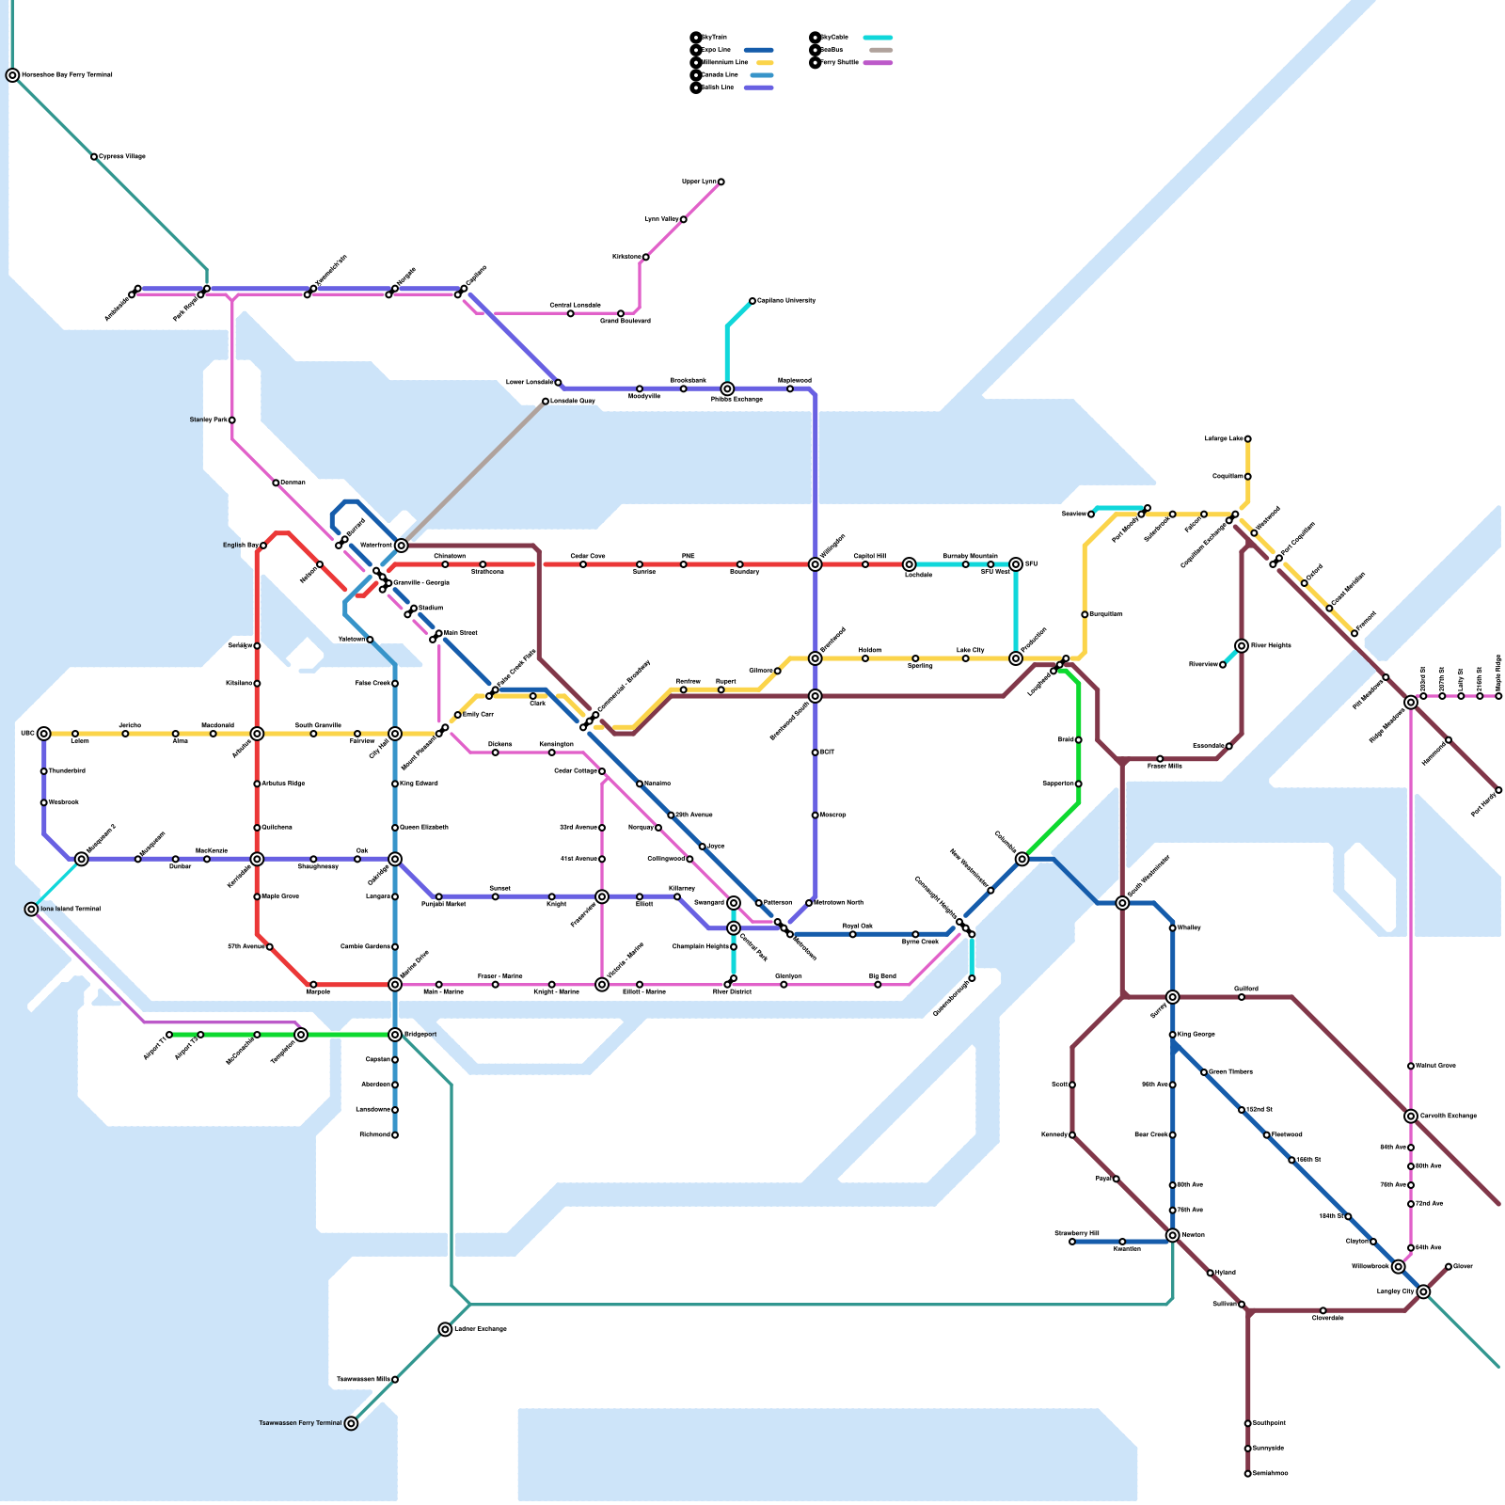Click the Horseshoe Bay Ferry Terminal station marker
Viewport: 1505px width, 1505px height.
[12, 75]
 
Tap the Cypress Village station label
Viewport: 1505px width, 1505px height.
[122, 156]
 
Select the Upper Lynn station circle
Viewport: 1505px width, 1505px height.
[721, 182]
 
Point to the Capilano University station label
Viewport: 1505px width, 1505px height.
[786, 301]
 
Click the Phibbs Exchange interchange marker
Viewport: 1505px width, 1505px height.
[727, 388]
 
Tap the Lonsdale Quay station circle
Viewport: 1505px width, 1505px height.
[546, 402]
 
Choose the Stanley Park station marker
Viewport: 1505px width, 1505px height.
[232, 420]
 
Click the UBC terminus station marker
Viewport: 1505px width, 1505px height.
[43, 734]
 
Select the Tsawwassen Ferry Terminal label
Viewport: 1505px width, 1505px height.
[301, 1423]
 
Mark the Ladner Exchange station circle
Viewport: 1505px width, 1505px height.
[445, 1329]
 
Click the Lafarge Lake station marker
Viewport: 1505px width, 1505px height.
[1247, 439]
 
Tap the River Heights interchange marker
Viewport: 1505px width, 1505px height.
[1242, 646]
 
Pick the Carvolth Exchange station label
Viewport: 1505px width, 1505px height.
[1449, 1117]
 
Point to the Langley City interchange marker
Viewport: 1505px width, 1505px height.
[1423, 1291]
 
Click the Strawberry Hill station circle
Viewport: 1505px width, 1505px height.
[1072, 1242]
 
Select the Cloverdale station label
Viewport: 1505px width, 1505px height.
[1328, 1318]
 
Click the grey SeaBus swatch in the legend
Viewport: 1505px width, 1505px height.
[881, 50]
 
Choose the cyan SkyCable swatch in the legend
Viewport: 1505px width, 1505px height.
[878, 38]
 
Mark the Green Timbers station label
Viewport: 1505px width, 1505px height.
[1230, 1072]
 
